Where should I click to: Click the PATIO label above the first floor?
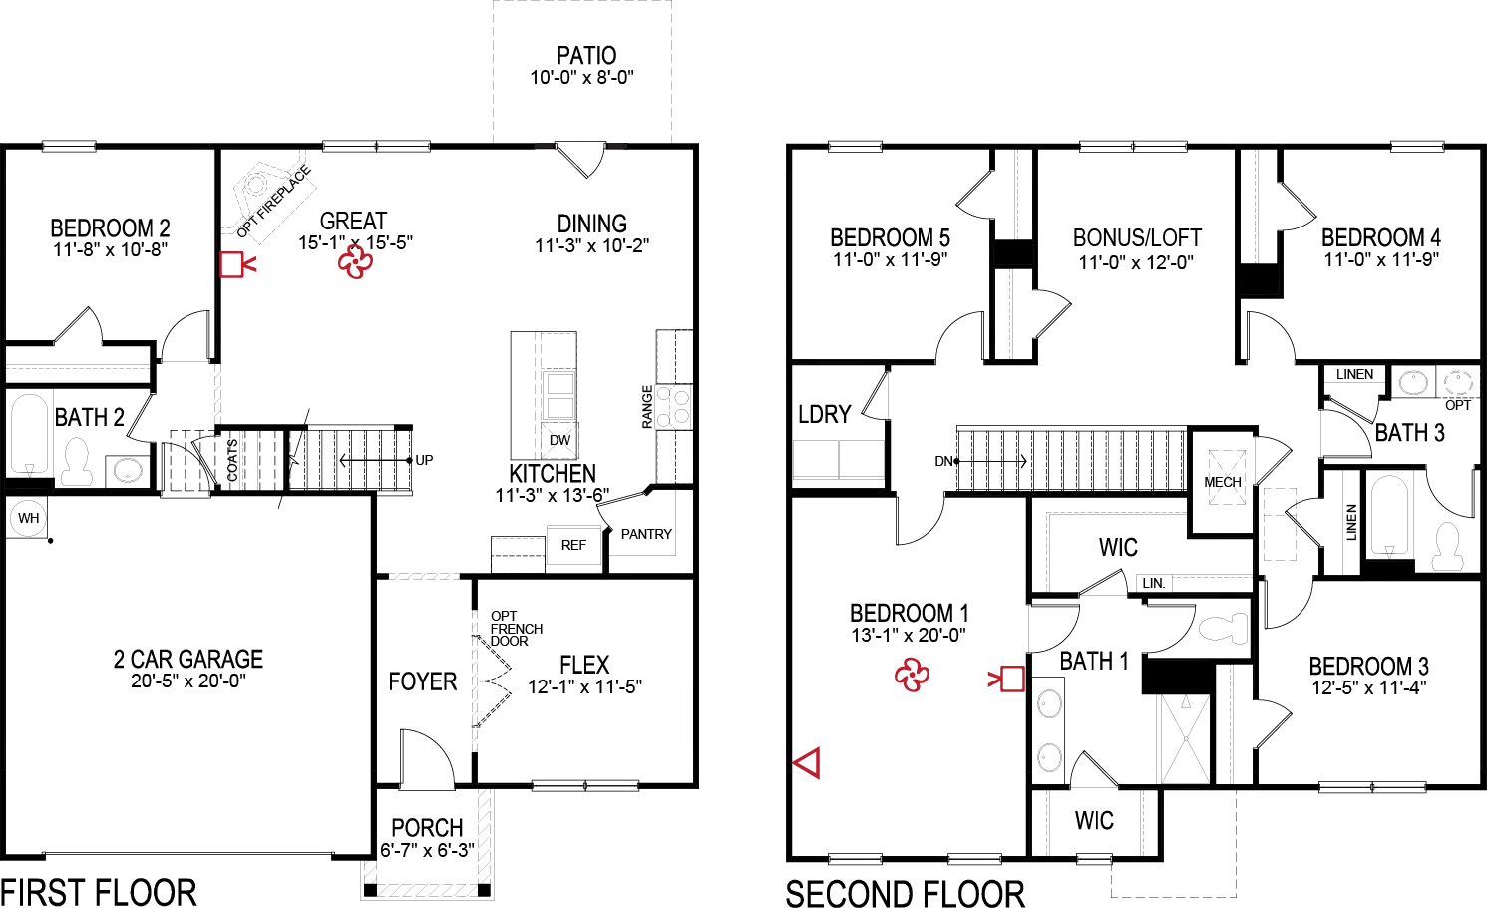[586, 56]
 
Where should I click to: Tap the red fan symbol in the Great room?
[355, 262]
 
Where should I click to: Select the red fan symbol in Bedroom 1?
[912, 676]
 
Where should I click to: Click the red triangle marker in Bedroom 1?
[807, 763]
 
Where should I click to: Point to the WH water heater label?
[28, 518]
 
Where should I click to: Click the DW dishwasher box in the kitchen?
[559, 440]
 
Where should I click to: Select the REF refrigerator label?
[573, 545]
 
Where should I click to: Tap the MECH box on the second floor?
[1222, 482]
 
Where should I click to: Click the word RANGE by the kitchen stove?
[647, 407]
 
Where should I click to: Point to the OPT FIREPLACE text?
[274, 202]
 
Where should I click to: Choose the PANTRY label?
[646, 534]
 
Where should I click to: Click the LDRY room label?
[824, 414]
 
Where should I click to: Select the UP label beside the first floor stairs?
[424, 460]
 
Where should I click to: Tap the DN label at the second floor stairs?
[943, 461]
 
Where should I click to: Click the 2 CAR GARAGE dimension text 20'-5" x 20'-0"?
[188, 681]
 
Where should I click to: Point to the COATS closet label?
[232, 461]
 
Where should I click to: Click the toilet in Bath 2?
[77, 461]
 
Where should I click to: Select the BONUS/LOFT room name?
[1137, 238]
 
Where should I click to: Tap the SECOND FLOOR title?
[905, 893]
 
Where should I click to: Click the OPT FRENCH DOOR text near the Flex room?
[516, 629]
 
